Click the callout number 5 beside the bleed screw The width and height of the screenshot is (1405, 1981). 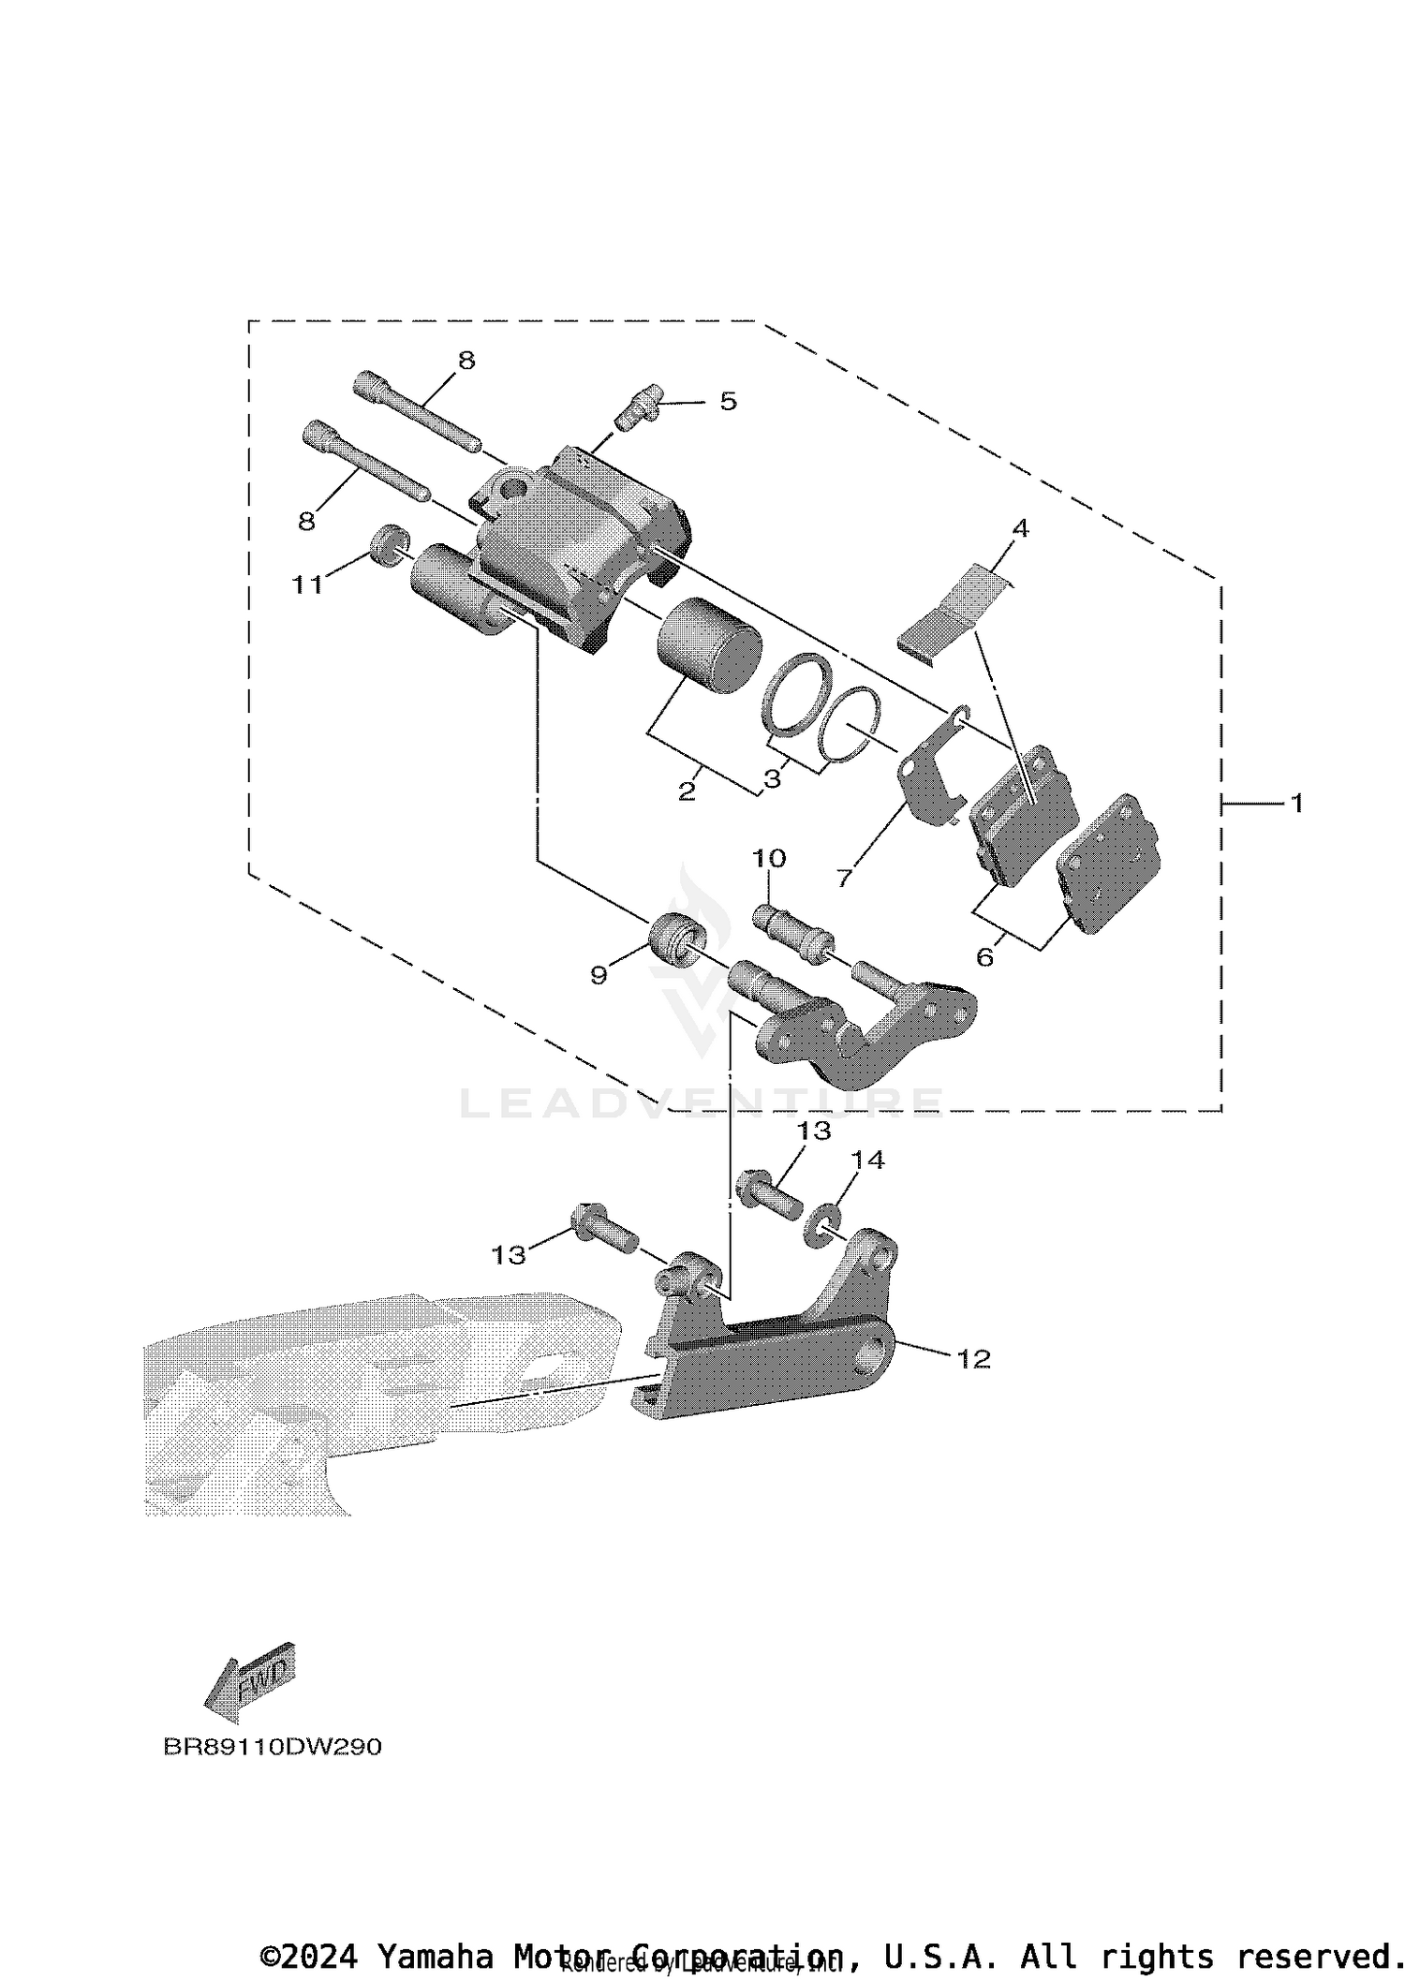728,401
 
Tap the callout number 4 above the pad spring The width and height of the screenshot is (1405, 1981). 1020,528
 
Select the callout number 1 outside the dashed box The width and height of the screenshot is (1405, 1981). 1296,803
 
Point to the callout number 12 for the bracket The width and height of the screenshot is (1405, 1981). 973,1358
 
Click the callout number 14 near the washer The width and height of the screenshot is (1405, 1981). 867,1160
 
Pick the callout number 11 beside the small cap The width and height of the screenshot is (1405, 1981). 306,584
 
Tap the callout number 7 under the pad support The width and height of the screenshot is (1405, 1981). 844,878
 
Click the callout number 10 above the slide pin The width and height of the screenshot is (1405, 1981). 768,858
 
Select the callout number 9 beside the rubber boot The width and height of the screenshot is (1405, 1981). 599,975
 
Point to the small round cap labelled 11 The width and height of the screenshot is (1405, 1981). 390,544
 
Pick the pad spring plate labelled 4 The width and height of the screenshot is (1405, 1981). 955,609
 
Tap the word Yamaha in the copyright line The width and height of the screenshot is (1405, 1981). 436,1956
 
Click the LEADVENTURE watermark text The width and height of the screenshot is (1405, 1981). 702,1102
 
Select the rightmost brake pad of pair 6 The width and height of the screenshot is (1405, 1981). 1110,862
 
